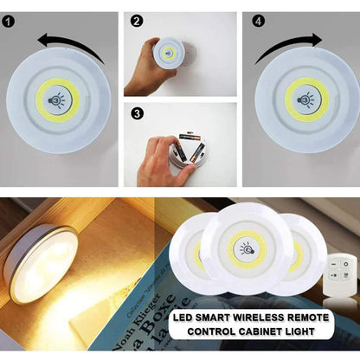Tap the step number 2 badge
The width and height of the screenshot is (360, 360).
click(x=137, y=20)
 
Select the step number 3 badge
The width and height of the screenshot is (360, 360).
click(x=137, y=112)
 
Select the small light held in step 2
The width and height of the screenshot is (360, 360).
click(x=168, y=54)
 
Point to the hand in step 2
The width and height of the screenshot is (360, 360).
click(x=144, y=69)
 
